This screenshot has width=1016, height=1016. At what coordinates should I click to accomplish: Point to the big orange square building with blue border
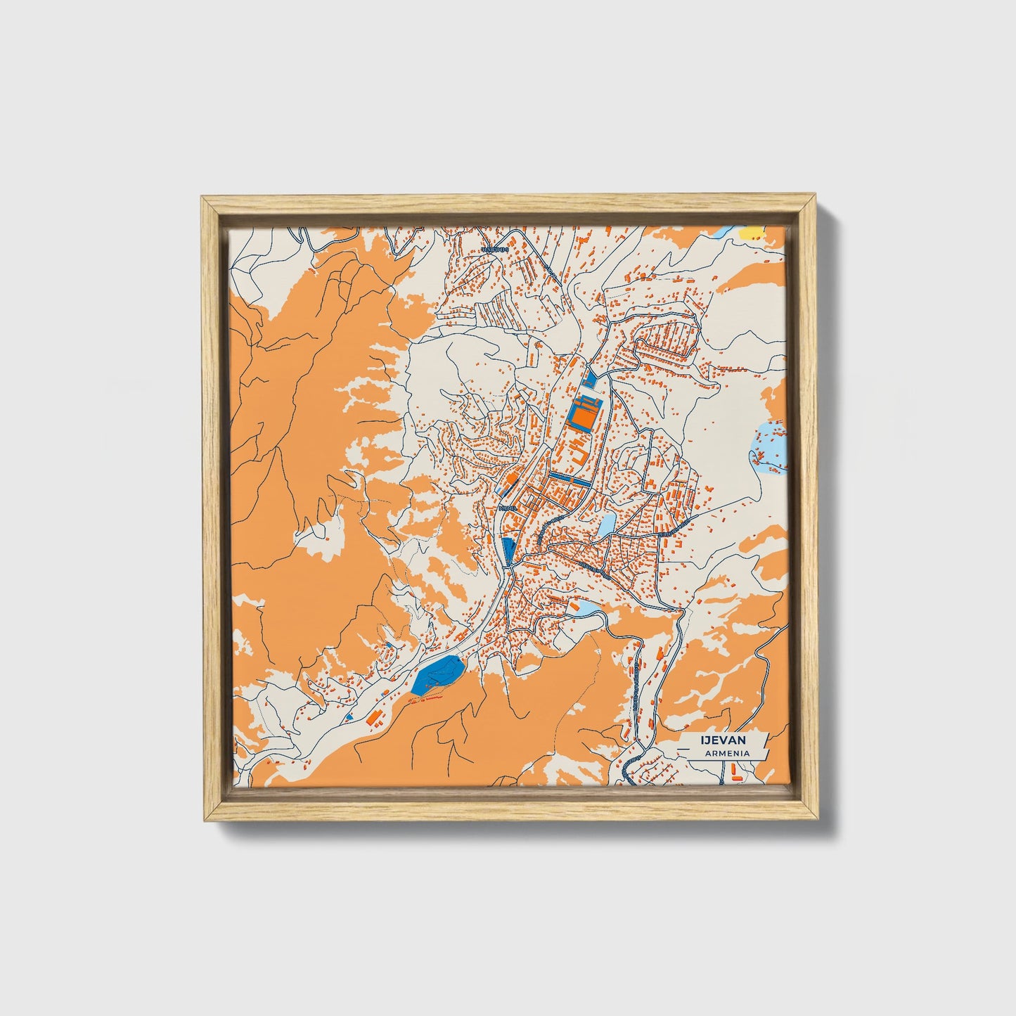(x=583, y=414)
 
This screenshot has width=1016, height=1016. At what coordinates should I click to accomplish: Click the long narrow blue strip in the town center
(x=570, y=478)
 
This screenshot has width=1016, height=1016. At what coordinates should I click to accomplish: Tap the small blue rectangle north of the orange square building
(x=589, y=380)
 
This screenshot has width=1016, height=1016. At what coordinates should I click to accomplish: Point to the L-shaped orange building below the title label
(x=735, y=773)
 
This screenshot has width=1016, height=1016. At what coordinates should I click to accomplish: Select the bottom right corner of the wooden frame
(x=817, y=820)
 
